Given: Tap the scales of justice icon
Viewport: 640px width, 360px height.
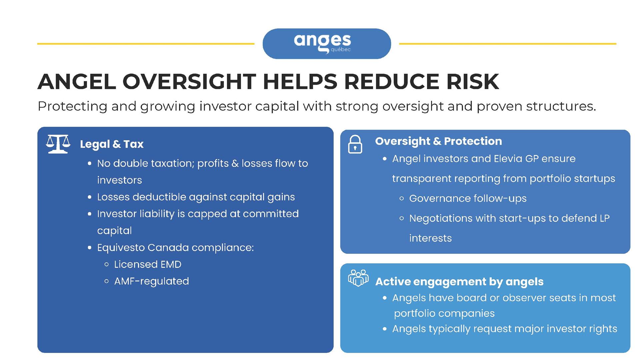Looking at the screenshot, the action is [x=58, y=144].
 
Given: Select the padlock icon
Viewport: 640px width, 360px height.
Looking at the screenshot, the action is [x=355, y=144].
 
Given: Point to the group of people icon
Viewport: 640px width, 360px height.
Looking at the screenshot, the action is [x=358, y=278].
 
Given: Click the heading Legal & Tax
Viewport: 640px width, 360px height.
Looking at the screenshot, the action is [x=112, y=144].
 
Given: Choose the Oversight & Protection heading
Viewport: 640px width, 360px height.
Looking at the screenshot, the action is [x=438, y=141].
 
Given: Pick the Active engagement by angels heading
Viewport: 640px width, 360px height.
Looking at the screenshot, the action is [x=459, y=282].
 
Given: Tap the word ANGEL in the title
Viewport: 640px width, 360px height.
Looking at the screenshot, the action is [x=77, y=81].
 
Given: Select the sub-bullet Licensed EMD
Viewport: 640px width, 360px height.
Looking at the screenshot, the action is [x=148, y=264].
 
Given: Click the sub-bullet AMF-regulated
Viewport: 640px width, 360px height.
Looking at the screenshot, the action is [x=152, y=281].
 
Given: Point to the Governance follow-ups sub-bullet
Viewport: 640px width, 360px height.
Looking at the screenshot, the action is [x=468, y=199].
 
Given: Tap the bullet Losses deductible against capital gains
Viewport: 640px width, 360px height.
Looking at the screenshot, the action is [x=196, y=197].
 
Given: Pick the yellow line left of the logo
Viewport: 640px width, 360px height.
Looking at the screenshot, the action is [x=146, y=44].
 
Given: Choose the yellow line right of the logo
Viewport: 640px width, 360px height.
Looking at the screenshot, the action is [x=508, y=44].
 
